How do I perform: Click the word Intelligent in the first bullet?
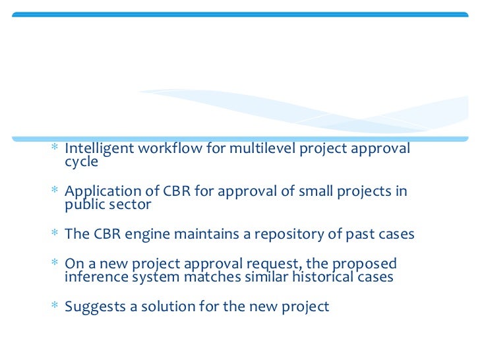(98, 148)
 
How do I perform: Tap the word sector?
(129, 204)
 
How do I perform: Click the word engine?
(144, 234)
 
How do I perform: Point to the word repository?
(283, 234)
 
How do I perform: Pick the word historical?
(320, 277)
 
